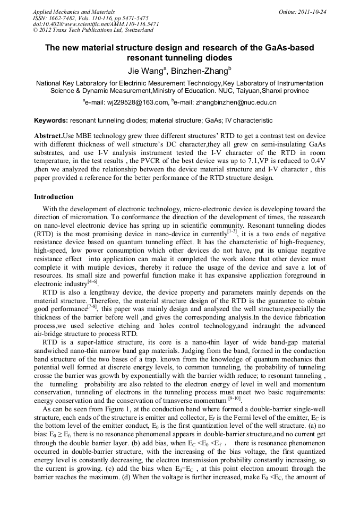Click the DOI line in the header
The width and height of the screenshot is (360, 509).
96,24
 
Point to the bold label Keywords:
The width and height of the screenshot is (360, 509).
51,120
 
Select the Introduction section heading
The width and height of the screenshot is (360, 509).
54,196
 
